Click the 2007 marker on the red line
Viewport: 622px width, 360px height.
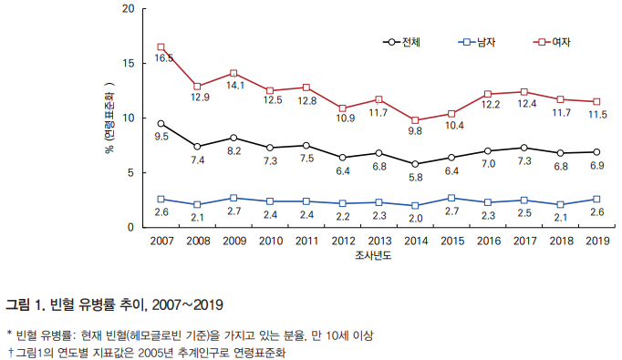[x=161, y=46]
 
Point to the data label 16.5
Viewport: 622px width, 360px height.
[x=164, y=58]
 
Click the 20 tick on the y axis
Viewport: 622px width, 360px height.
[x=128, y=9]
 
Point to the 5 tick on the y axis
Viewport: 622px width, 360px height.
[x=131, y=172]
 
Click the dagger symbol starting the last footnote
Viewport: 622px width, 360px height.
[x=10, y=352]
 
